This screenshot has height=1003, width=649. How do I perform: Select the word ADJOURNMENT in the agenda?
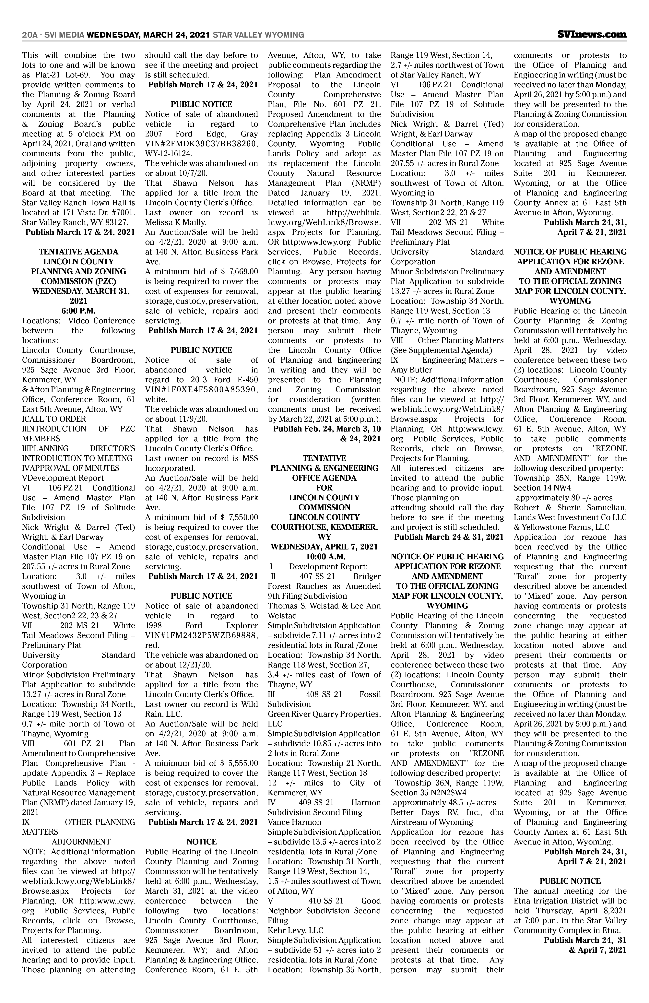(81, 842)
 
